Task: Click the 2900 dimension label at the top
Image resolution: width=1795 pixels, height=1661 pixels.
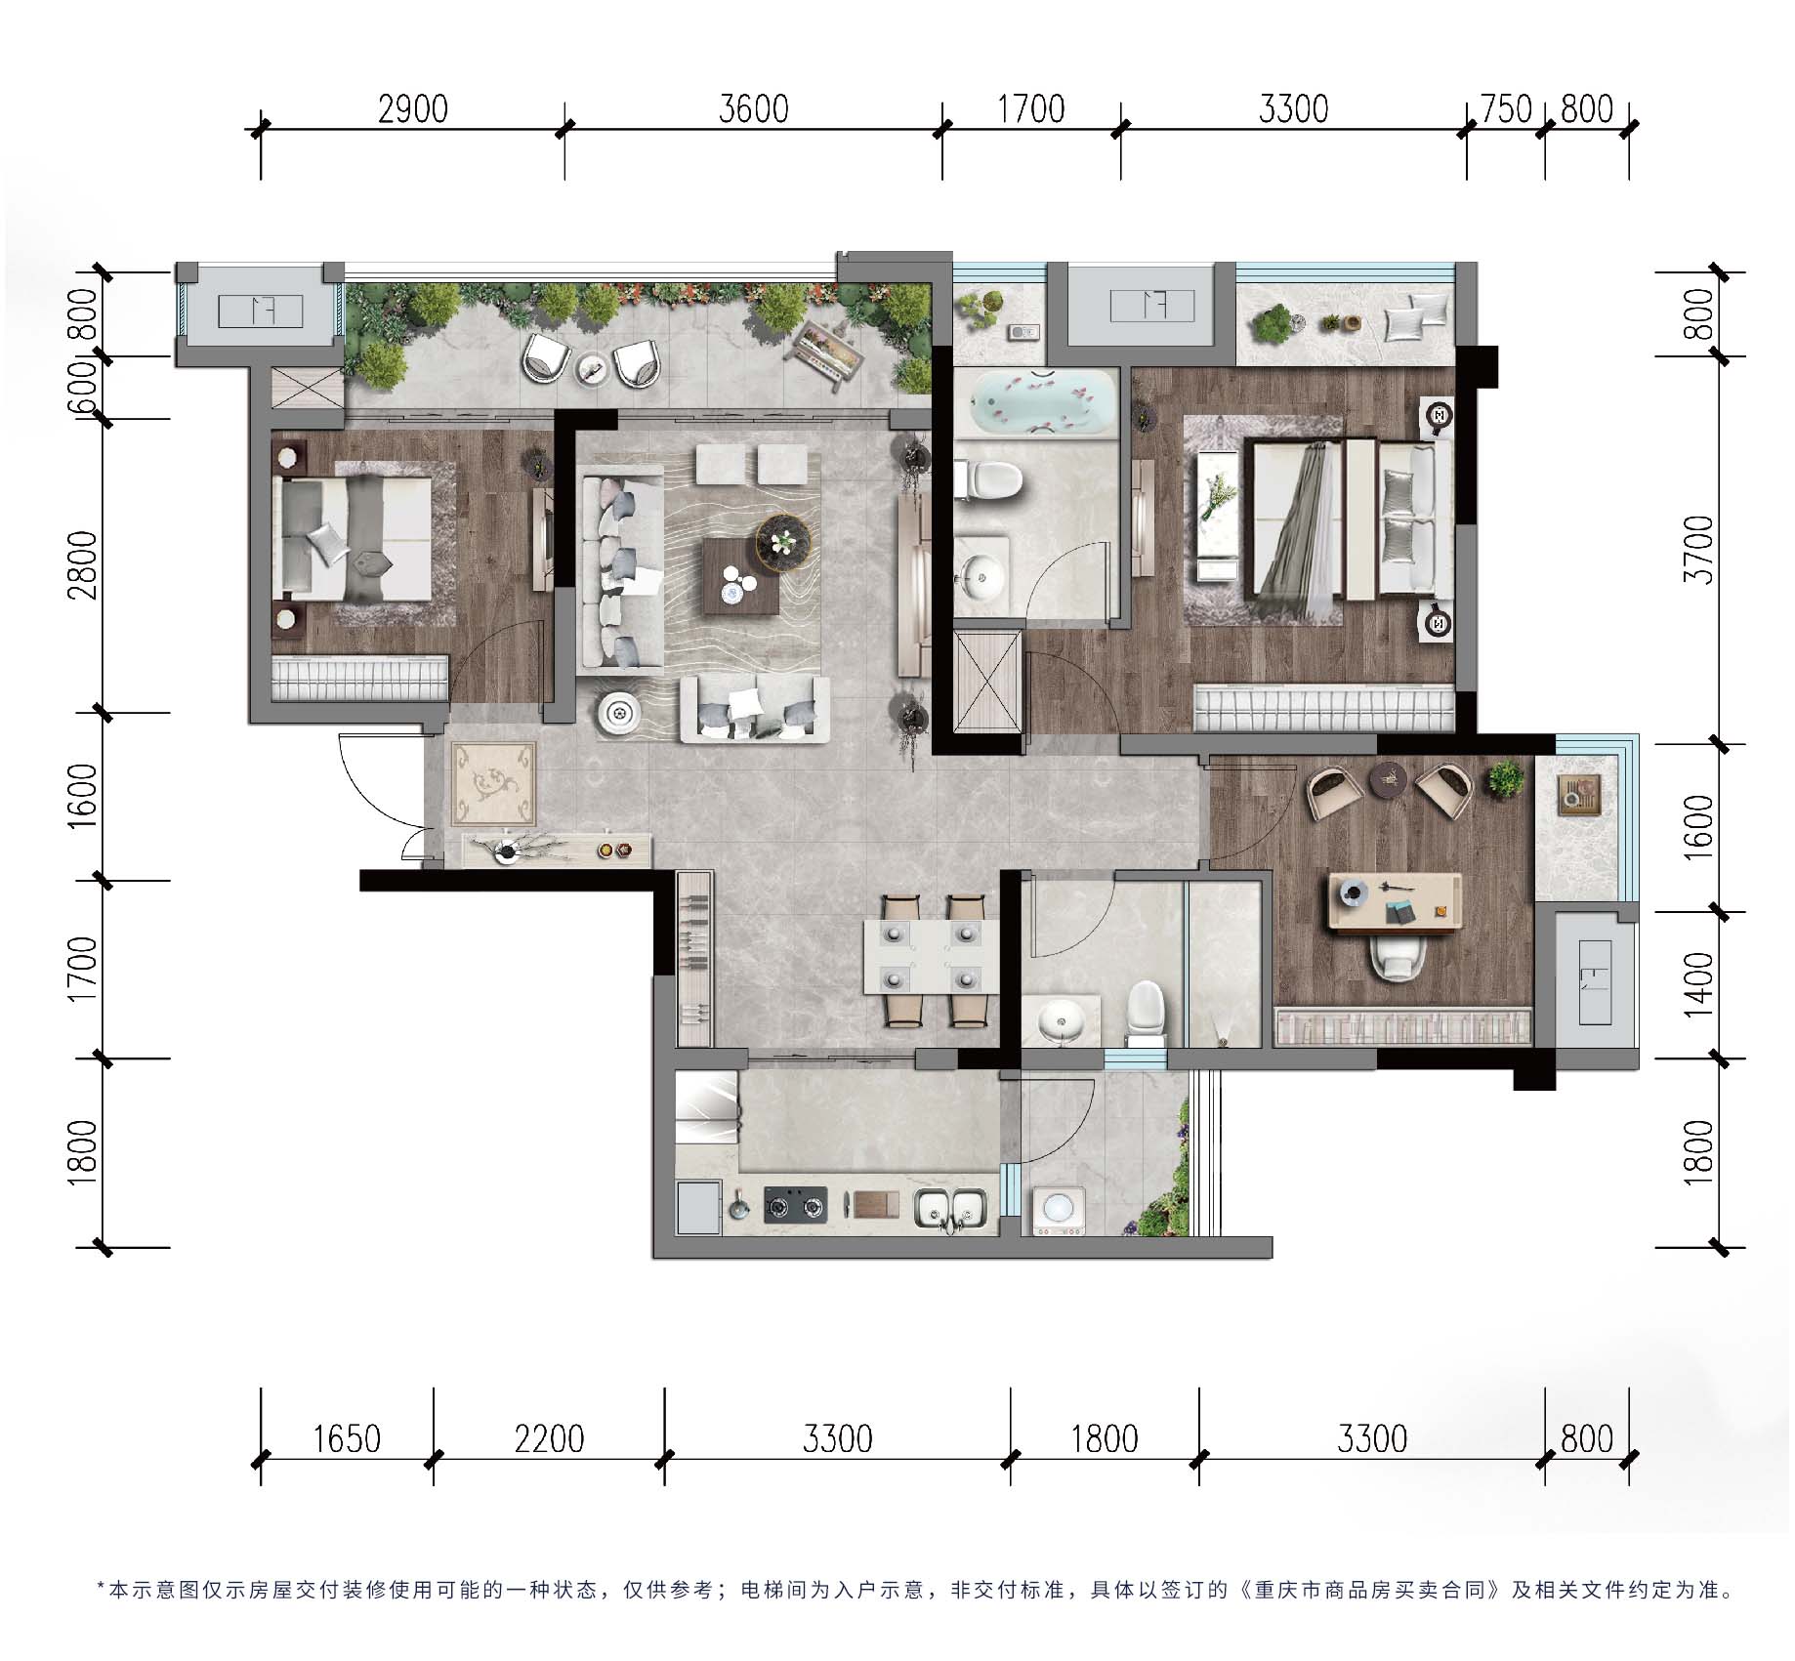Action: pos(413,109)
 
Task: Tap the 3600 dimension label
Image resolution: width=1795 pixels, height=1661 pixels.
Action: pos(753,109)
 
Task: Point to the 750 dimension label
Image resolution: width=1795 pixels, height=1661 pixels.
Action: pos(1507,109)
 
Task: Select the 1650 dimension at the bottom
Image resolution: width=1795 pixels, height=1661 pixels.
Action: pos(347,1438)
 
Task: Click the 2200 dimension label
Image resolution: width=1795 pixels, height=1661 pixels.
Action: pos(549,1438)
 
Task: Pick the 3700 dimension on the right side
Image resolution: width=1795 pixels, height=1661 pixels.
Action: pos(1700,550)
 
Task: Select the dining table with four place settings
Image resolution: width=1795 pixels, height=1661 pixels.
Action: pos(930,958)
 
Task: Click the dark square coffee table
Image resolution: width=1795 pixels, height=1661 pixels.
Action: pos(740,575)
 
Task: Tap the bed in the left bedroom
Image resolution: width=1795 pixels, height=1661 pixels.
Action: pos(356,538)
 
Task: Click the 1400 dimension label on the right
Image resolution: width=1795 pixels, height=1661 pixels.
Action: pos(1700,984)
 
